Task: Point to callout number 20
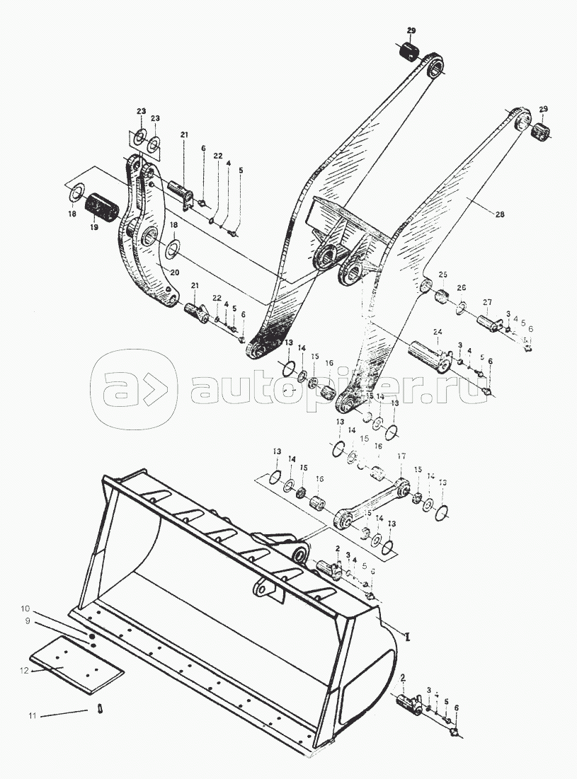click(174, 272)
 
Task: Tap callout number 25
click(442, 275)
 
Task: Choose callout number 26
click(462, 288)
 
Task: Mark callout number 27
click(487, 302)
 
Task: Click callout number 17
click(401, 456)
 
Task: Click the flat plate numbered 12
click(78, 662)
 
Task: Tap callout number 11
click(32, 716)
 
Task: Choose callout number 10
click(25, 608)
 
